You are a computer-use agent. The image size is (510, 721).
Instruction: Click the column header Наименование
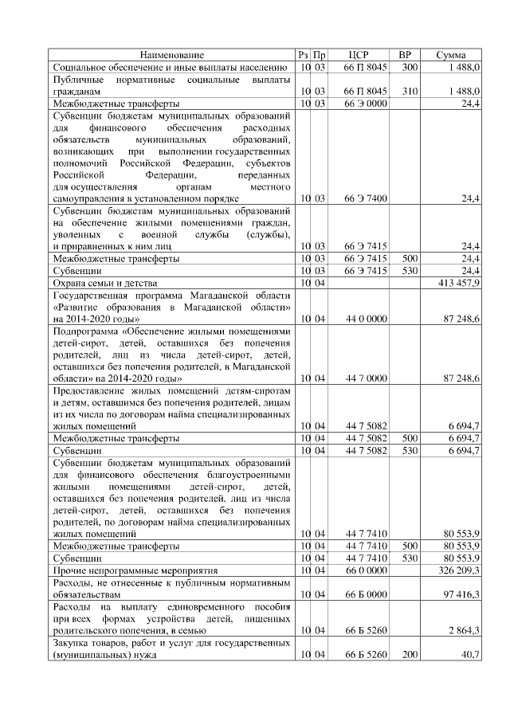coord(172,55)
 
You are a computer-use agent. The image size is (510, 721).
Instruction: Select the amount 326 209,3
coord(458,571)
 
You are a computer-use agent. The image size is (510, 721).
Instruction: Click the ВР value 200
coord(410,655)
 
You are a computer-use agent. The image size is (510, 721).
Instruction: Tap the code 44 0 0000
coord(366,319)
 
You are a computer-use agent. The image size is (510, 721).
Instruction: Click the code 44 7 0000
coord(366,378)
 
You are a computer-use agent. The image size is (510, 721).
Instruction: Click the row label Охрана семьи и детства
coord(104,283)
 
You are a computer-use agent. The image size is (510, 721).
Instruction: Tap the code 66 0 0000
coord(366,571)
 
